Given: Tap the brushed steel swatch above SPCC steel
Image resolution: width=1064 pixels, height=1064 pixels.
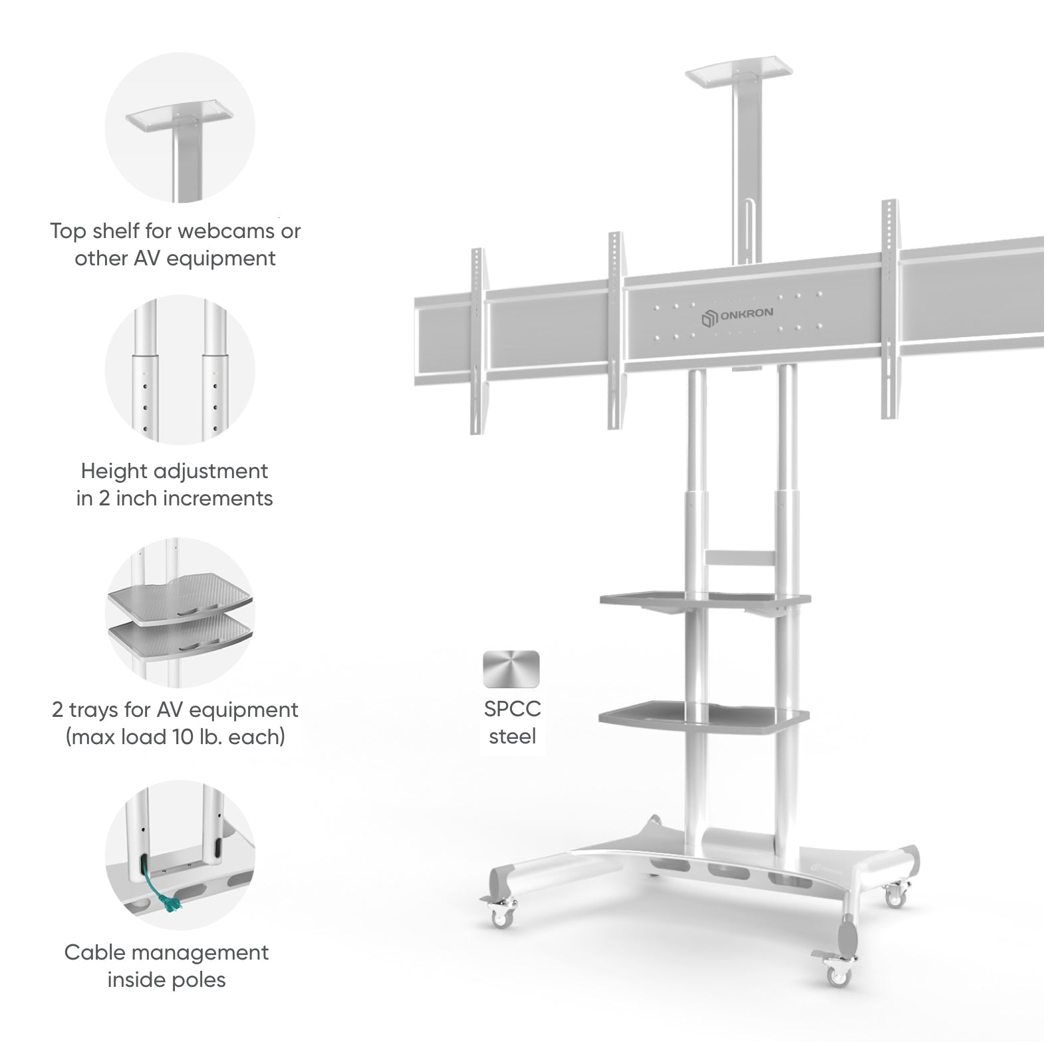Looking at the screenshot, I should [x=511, y=668].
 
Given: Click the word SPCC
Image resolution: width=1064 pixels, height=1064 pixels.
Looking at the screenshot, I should [x=512, y=709].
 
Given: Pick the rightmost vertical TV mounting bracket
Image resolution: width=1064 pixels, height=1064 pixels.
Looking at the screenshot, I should [x=890, y=309].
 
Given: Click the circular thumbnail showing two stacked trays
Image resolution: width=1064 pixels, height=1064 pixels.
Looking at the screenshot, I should [x=180, y=612].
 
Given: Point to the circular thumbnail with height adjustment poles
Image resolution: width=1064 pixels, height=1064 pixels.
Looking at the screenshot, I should [x=180, y=370].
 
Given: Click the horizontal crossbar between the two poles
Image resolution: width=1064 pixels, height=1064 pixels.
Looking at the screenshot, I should [x=740, y=557].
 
